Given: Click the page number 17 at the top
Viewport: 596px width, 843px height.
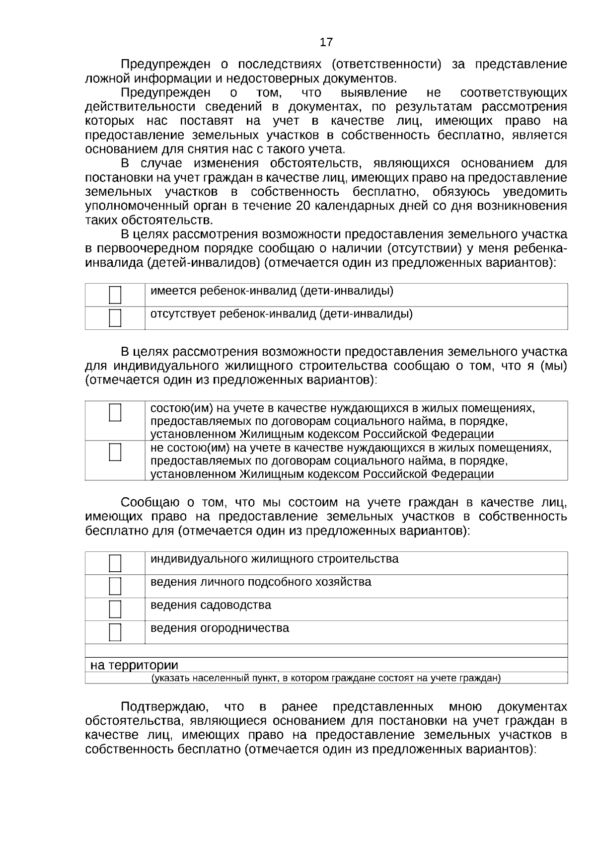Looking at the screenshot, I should pos(326,42).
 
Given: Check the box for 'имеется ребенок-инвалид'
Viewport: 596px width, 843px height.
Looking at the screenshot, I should pos(115,295).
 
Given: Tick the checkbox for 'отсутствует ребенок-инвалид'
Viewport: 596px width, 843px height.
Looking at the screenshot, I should pos(115,318).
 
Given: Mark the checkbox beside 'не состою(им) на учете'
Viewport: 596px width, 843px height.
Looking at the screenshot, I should pos(115,452).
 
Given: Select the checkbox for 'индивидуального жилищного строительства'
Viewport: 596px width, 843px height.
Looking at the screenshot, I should pos(115,563).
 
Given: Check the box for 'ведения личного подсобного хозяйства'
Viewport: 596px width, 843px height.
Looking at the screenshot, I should pos(115,586).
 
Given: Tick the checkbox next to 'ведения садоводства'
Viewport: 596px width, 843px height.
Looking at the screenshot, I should pos(115,609).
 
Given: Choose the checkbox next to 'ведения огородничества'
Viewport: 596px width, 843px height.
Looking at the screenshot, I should pos(115,632).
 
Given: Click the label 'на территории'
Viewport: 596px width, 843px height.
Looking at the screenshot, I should pos(134,665).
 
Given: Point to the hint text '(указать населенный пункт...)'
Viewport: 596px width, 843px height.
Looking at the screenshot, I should pos(326,678).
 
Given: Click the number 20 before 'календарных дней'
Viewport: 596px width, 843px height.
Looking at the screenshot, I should pos(303,206).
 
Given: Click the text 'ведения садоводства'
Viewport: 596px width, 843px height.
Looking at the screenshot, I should pos(211,605).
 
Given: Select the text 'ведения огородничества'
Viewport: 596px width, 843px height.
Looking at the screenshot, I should pos(220,628).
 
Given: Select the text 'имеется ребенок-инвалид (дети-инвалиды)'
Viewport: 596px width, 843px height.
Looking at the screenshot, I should pos(272,291).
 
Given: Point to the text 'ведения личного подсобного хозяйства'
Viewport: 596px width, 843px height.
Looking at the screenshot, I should pos(261,582).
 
